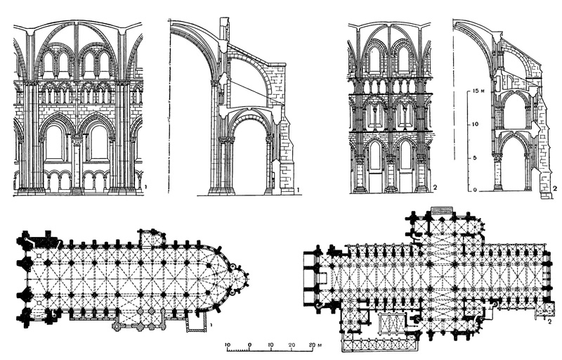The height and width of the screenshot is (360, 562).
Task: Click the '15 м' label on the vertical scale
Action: pyautogui.click(x=478, y=91)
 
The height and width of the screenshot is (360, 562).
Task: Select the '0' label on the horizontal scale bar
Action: pyautogui.click(x=249, y=345)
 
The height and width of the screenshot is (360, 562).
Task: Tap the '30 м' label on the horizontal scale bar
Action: pyautogui.click(x=315, y=345)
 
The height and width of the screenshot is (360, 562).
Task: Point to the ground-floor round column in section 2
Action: pyautogui.click(x=497, y=172)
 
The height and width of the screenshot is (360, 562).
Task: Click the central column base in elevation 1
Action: pyautogui.click(x=77, y=188)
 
